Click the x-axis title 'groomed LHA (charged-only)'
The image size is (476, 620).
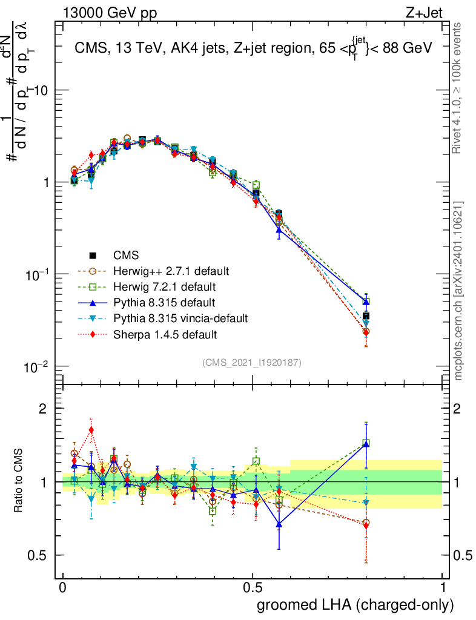click(355, 604)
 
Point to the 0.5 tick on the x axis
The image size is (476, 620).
click(253, 587)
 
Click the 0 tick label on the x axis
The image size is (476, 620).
click(63, 587)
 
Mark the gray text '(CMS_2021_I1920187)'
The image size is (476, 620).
click(252, 362)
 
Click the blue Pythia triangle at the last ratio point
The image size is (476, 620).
click(366, 444)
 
